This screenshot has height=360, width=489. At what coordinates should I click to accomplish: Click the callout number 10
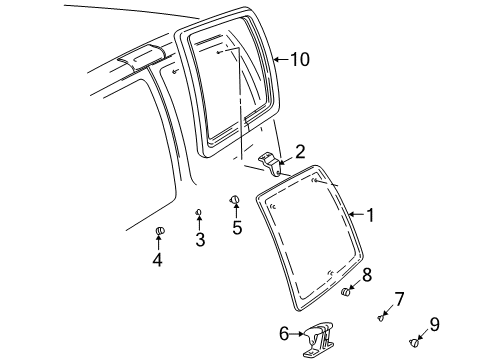click(300, 60)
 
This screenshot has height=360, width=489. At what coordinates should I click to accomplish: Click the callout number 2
click(300, 152)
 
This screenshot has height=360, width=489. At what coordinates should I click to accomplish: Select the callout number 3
click(200, 240)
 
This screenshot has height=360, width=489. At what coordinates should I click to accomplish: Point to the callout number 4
click(157, 261)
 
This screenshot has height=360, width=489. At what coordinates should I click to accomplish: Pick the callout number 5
click(237, 227)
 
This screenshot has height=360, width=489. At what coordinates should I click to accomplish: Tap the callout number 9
click(434, 323)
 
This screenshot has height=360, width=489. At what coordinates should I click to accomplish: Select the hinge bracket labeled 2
click(269, 160)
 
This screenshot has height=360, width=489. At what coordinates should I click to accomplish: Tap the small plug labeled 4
click(158, 234)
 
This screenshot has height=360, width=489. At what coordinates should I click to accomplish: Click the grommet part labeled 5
click(236, 200)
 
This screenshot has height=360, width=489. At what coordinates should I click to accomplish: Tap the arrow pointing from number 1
click(355, 214)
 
